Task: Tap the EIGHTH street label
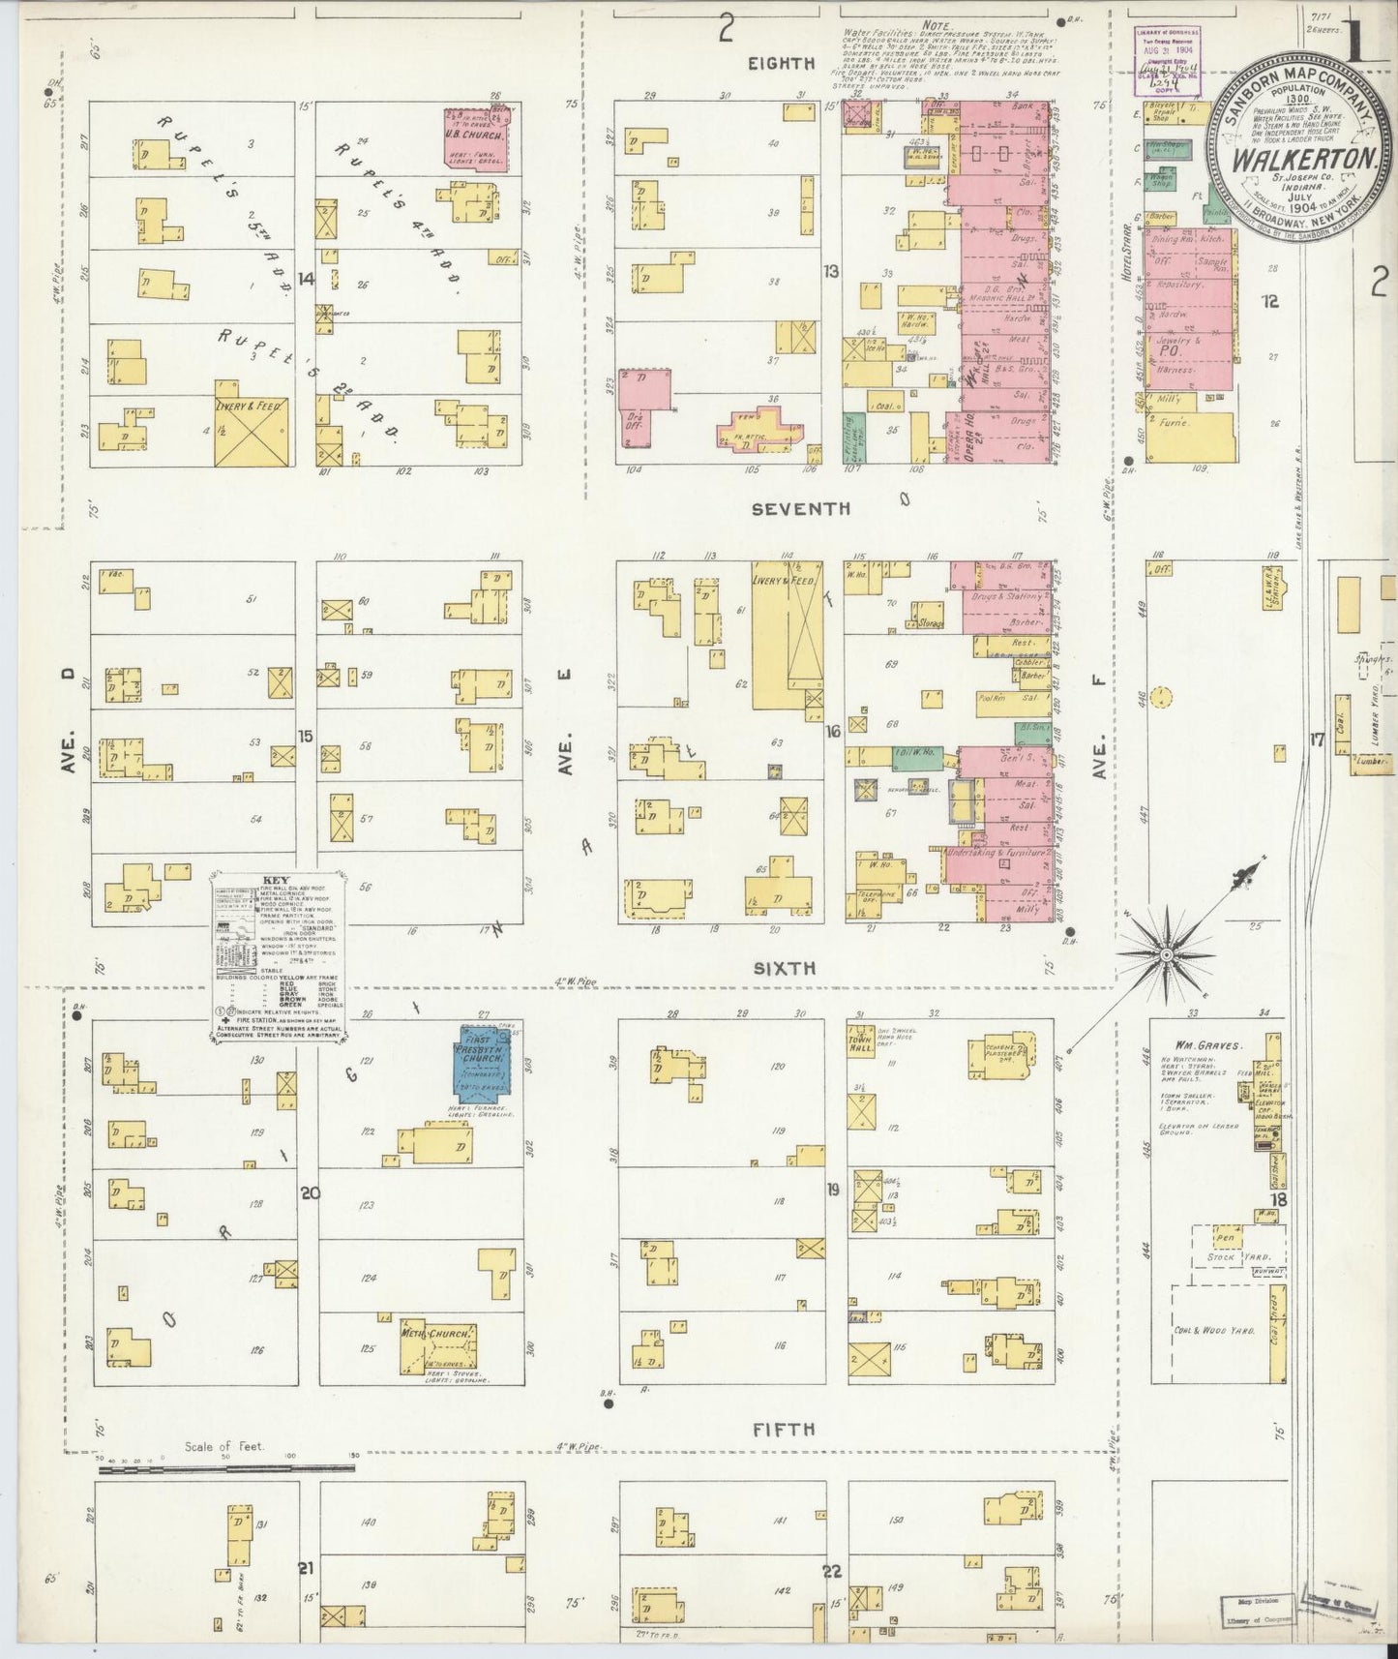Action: pyautogui.click(x=781, y=64)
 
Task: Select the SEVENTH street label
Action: pyautogui.click(x=803, y=507)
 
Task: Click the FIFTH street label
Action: pyautogui.click(x=787, y=1429)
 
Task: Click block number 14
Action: pyautogui.click(x=306, y=279)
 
